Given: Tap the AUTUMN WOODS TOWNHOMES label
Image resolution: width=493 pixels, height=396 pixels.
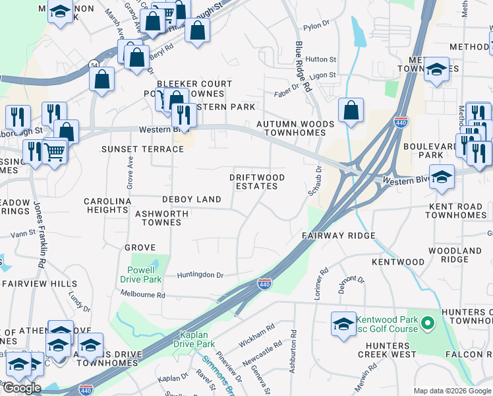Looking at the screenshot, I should [x=291, y=128].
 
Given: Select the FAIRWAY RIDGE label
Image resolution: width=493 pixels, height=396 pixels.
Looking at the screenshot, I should [x=338, y=236].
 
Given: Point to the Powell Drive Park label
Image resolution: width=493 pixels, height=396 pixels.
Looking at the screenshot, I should [x=141, y=275].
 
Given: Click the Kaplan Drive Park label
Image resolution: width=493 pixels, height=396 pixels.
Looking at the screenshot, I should [x=194, y=339].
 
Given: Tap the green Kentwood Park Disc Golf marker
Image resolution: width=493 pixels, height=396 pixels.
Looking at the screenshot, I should [x=427, y=323].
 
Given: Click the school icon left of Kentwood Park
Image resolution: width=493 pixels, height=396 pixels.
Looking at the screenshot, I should [x=343, y=324].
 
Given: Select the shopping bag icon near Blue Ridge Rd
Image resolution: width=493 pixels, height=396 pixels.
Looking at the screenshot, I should [x=351, y=111].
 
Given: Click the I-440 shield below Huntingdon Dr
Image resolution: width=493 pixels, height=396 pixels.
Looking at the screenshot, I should [x=264, y=284].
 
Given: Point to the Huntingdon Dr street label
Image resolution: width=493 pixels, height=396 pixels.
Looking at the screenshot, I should [x=200, y=275].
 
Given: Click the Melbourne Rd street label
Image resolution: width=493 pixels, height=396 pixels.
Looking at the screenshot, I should [x=142, y=296].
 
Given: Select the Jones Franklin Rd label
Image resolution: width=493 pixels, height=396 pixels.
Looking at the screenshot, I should [x=40, y=234].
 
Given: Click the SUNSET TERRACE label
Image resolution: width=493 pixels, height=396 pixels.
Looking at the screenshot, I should [x=142, y=150].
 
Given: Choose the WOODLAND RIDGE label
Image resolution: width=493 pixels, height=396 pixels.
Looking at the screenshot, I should [x=455, y=255].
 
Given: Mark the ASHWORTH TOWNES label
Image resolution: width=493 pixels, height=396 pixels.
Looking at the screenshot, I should [x=161, y=218].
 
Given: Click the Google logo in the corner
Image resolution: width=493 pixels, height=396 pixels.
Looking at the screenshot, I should [x=22, y=388].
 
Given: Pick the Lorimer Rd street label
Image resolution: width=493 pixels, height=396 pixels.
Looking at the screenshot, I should [x=321, y=284].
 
